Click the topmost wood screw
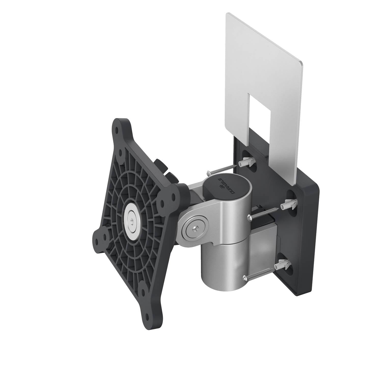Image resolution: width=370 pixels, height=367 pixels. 220,169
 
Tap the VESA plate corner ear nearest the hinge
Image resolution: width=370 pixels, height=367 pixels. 176,196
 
